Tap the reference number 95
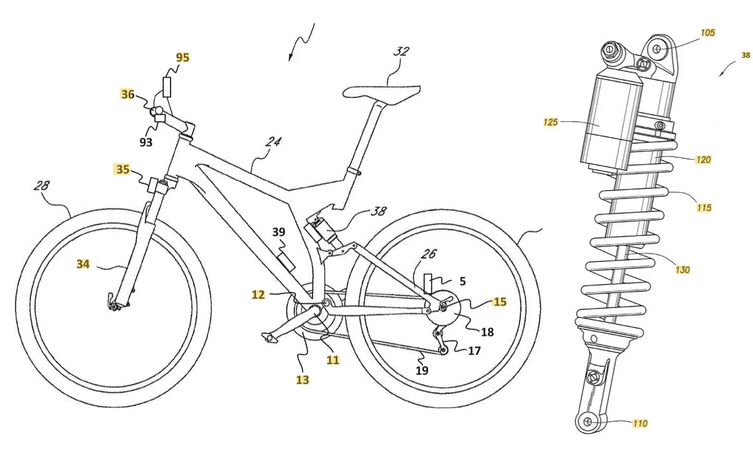tap(183, 57)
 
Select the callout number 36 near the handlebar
tap(128, 94)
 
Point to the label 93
tap(146, 142)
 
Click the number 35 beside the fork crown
tap(123, 169)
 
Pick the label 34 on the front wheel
tap(83, 264)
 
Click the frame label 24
tap(273, 142)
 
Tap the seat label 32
tap(401, 52)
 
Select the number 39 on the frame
tap(279, 232)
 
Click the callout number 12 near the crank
tap(258, 294)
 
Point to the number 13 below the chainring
tap(302, 380)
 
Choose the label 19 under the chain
tap(422, 370)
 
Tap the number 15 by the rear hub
tap(500, 302)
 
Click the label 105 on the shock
tap(708, 33)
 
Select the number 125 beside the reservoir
tap(551, 122)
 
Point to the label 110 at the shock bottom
tap(640, 424)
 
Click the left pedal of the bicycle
tap(269, 339)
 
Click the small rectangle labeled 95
tap(167, 87)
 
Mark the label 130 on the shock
tap(683, 269)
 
